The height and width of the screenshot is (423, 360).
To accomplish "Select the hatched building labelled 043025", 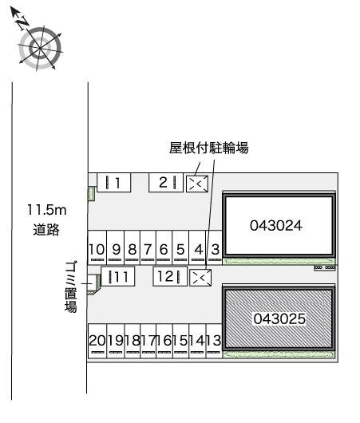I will (x=279, y=319).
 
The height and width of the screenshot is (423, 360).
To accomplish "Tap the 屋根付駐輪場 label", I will (x=209, y=148).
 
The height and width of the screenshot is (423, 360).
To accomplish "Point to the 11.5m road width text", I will (x=45, y=211).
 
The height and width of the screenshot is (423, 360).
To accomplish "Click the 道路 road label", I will (x=45, y=230).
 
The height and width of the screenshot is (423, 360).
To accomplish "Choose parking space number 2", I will (x=164, y=183).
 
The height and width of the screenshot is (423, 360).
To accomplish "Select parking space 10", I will (x=96, y=251).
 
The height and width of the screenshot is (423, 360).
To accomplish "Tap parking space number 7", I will (x=148, y=251).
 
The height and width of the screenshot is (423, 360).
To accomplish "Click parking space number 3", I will (x=214, y=251).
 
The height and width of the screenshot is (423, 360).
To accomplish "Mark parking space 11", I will (x=118, y=277).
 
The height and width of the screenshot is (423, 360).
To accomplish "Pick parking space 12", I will (x=170, y=277).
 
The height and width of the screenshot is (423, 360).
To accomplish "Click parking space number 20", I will (x=97, y=341).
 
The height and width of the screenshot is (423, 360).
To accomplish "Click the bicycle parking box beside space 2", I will (x=196, y=184).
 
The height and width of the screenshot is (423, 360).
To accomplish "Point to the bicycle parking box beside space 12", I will (x=201, y=277).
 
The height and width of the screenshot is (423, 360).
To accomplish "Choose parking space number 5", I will (x=180, y=251).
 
